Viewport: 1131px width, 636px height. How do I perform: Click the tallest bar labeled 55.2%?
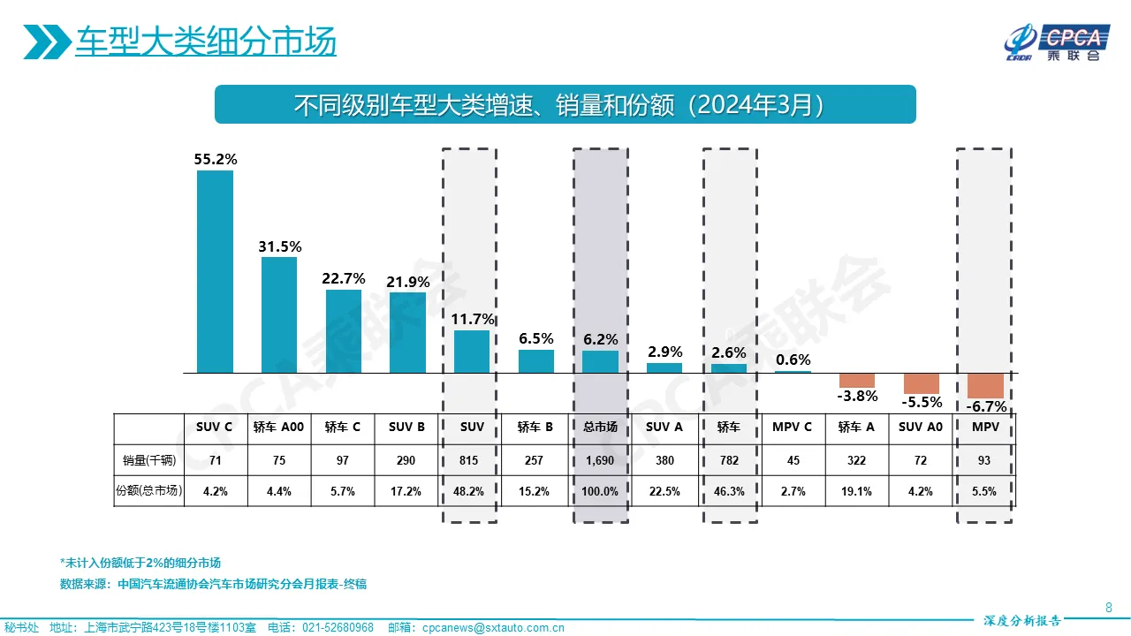(215, 271)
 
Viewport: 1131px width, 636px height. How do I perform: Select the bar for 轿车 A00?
(279, 314)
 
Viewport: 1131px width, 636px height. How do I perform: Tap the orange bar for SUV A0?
(922, 383)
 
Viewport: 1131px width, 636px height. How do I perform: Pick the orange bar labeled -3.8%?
(856, 380)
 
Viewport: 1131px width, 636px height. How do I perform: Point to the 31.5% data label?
(280, 246)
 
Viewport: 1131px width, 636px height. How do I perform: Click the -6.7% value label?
(986, 406)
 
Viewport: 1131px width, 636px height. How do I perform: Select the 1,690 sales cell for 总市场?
(600, 460)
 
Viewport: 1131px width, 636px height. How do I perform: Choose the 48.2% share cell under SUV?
(472, 491)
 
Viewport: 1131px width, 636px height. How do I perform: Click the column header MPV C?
(793, 428)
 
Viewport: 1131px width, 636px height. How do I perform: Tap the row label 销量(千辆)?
(149, 460)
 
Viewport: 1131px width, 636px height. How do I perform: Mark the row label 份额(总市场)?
(149, 491)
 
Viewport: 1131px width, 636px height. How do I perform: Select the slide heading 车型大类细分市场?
(205, 42)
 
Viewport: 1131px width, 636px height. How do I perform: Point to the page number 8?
(1109, 607)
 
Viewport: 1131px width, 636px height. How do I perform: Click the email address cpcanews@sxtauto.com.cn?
(493, 628)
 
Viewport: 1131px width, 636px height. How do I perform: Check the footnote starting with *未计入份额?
(140, 563)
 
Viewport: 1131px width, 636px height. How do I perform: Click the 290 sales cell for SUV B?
(407, 460)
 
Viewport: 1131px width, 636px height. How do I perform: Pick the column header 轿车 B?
(535, 428)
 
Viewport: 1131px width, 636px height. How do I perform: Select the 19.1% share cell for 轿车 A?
(856, 491)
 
